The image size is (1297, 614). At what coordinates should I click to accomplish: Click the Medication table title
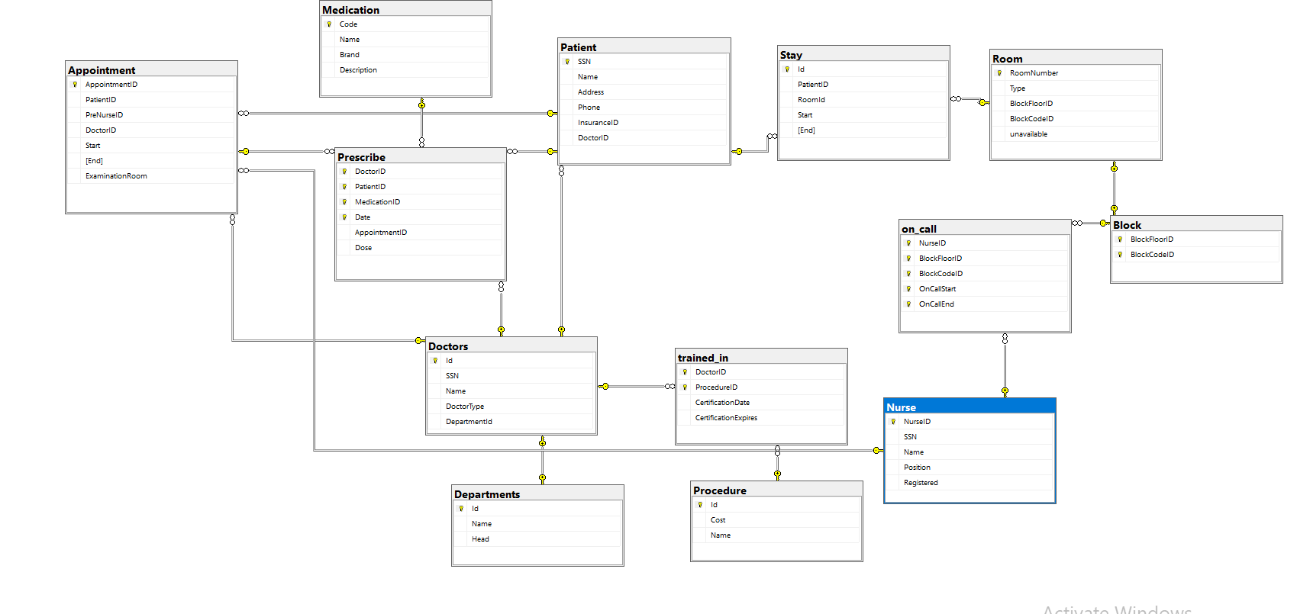tap(350, 10)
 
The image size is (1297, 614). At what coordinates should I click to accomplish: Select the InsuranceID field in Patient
tap(598, 123)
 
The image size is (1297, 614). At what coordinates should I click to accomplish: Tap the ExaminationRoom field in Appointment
tap(116, 176)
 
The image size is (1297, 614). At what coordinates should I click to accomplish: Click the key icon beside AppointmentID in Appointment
tap(75, 85)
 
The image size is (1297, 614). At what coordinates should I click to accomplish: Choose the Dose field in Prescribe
tap(363, 248)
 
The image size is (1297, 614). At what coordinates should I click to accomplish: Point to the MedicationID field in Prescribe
tap(377, 202)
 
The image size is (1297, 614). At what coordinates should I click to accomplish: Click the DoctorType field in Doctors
tap(465, 407)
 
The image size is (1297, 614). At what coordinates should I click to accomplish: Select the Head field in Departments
tap(480, 539)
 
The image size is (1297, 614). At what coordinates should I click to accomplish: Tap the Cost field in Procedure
tap(718, 520)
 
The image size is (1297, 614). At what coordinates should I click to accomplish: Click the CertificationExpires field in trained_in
tap(726, 418)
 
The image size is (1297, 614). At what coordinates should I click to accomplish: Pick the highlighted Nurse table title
tap(901, 407)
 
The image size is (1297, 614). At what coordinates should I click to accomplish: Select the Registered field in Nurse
tap(921, 483)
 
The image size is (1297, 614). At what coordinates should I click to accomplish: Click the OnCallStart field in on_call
tap(937, 289)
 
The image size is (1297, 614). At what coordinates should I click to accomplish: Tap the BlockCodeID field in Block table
tap(1152, 255)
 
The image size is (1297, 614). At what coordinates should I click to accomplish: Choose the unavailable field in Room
tap(1028, 134)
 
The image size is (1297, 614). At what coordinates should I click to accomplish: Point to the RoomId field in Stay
tap(811, 100)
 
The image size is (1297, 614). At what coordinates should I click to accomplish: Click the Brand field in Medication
tap(350, 55)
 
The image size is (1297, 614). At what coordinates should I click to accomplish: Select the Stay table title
tap(791, 55)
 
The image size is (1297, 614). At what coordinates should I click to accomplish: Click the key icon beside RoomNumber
tap(999, 73)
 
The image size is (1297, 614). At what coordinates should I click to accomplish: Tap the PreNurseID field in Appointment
tap(104, 115)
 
